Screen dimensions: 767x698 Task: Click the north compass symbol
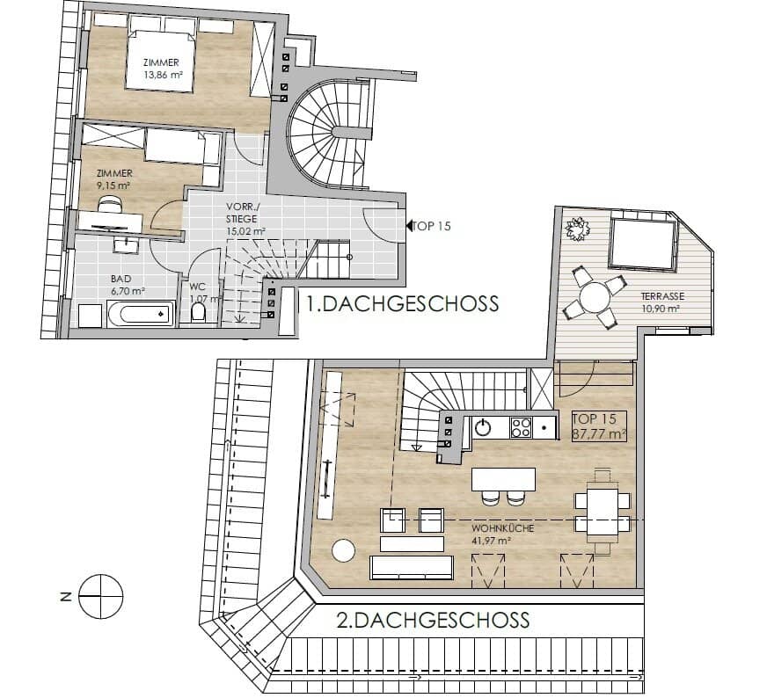click(101, 596)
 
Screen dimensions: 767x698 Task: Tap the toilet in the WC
click(198, 312)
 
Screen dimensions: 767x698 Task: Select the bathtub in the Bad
click(141, 315)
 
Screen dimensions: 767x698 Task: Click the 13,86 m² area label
click(163, 76)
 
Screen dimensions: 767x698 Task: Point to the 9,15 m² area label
click(114, 185)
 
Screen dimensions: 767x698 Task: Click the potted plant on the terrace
click(577, 229)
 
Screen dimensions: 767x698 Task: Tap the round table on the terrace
click(595, 296)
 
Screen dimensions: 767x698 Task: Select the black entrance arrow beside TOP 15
click(409, 226)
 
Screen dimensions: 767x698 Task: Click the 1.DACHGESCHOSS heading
click(402, 303)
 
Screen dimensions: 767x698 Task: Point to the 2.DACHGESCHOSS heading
click(434, 620)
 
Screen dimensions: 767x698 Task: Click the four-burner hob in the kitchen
click(521, 428)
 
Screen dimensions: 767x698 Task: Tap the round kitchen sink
click(483, 428)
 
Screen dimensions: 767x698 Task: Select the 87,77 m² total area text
click(600, 433)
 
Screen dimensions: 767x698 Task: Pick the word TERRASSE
click(662, 296)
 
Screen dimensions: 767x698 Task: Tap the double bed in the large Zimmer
click(160, 60)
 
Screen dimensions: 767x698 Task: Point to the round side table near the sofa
click(343, 550)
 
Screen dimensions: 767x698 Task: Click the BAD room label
click(121, 279)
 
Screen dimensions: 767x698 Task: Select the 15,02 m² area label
click(245, 231)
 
